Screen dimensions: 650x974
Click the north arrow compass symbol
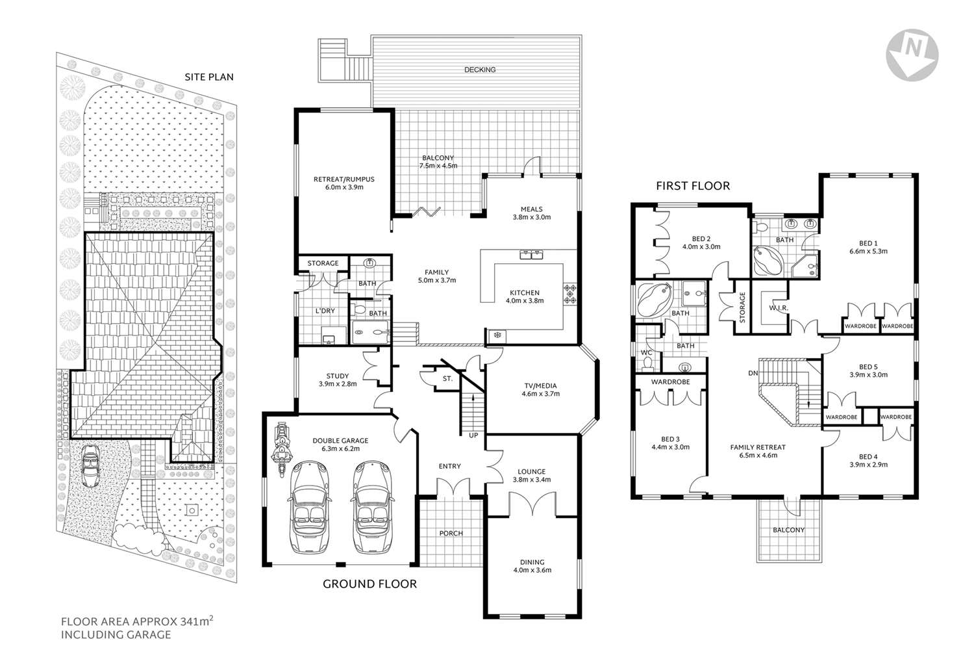click(912, 55)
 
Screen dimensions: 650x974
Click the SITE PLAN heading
click(209, 77)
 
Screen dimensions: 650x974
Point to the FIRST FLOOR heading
click(692, 186)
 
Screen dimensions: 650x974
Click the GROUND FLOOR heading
click(369, 584)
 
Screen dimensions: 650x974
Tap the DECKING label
click(480, 70)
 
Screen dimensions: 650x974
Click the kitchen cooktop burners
click(570, 294)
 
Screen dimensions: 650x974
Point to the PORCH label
click(451, 533)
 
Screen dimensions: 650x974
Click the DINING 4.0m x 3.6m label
click(532, 566)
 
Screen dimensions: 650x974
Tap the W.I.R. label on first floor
click(778, 307)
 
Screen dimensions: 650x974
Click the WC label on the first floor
click(646, 353)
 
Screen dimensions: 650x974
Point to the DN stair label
click(753, 373)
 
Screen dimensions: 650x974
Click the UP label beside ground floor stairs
click(473, 435)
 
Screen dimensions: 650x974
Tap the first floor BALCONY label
click(788, 530)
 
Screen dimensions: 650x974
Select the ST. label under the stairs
click(447, 378)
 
